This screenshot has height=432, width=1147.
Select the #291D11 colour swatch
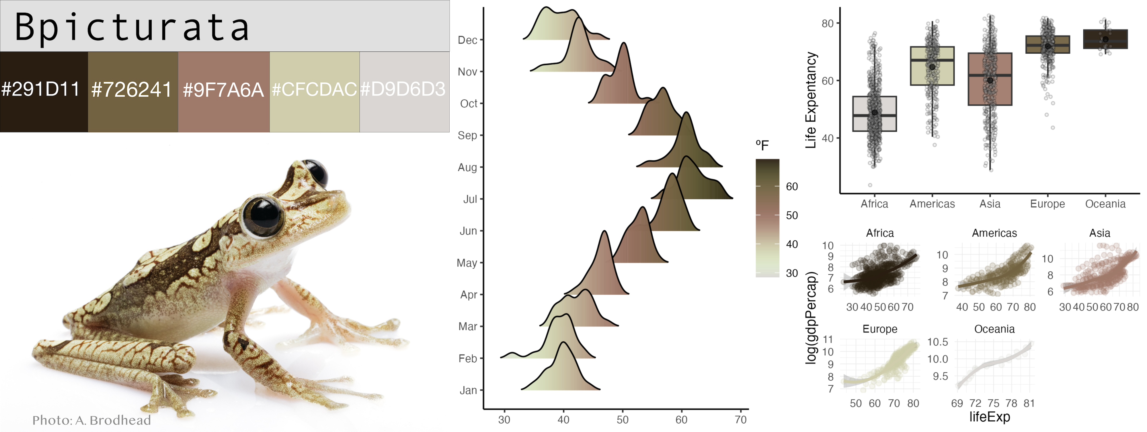click(44, 92)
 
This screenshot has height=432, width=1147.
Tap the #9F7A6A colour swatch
click(224, 92)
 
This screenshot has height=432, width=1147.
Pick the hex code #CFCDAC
click(314, 89)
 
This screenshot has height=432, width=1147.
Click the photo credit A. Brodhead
click(92, 420)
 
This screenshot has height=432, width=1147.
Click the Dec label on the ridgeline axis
click(467, 40)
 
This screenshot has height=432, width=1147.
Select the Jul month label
click(470, 199)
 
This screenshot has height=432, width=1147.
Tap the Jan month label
click(468, 391)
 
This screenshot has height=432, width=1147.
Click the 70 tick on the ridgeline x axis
click(740, 420)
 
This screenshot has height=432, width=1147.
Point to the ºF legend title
click(762, 145)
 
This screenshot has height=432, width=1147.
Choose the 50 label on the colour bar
click(792, 215)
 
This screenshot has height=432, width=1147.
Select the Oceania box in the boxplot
click(1105, 39)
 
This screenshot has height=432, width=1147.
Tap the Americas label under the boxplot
click(932, 204)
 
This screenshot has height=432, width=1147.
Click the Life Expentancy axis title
click(811, 100)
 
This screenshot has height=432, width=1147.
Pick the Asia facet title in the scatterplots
click(1099, 233)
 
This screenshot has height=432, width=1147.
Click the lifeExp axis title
click(989, 417)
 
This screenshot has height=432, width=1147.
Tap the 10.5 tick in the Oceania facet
click(937, 342)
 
